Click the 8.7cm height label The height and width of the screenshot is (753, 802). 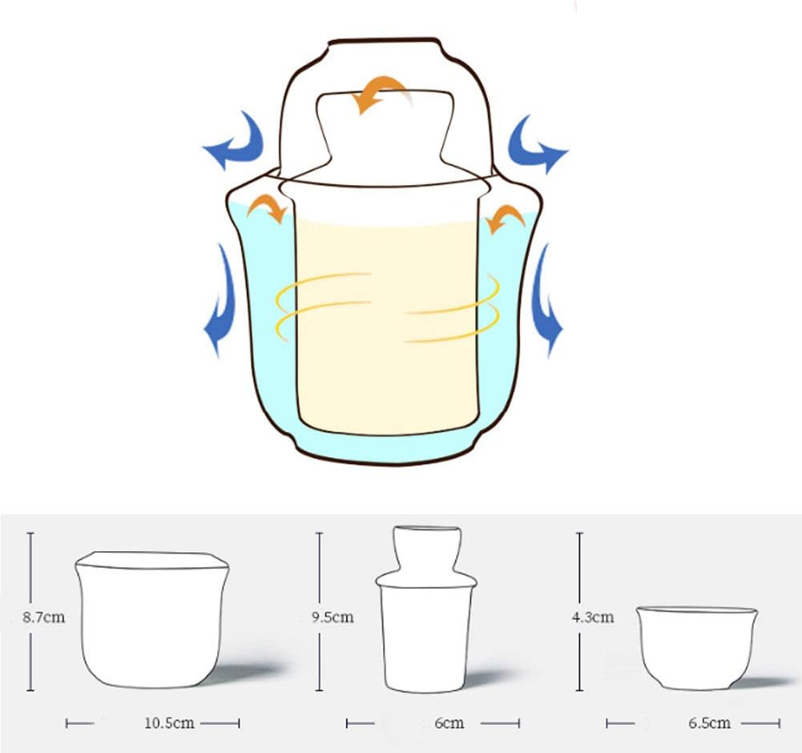(44, 617)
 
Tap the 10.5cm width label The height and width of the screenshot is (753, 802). (169, 723)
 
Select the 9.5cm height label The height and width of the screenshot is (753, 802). (332, 617)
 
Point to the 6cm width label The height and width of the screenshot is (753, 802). (449, 723)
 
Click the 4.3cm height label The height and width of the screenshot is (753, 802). (593, 617)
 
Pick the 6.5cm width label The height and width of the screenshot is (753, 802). (709, 723)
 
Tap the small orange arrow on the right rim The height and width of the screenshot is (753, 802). (506, 215)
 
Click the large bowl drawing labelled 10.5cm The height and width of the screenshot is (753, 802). (152, 619)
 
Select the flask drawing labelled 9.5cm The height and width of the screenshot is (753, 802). (426, 609)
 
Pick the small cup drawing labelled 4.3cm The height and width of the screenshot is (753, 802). (697, 647)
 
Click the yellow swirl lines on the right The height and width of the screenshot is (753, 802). (453, 309)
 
